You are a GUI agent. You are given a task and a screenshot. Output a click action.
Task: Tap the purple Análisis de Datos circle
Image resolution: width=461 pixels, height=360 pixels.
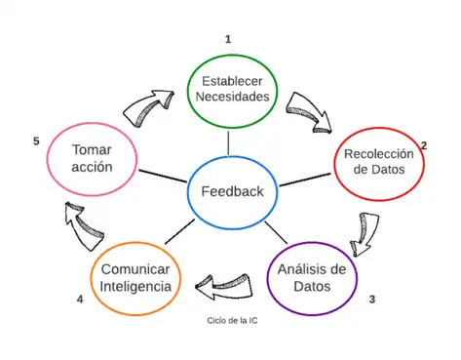(x=312, y=278)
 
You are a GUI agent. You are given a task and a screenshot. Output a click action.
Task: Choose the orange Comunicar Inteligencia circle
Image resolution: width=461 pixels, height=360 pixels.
(x=136, y=277)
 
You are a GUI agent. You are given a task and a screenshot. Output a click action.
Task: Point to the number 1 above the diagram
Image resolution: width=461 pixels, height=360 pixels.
(x=228, y=39)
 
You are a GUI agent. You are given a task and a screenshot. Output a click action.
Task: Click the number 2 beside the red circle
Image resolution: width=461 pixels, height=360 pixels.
(x=424, y=145)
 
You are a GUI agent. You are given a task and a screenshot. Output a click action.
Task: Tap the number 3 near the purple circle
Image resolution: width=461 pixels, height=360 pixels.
(x=371, y=299)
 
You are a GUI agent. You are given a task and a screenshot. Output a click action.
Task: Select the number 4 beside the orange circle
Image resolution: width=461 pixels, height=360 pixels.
(x=80, y=299)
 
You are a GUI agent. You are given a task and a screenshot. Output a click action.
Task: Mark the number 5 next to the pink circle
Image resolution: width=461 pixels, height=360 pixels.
(x=36, y=141)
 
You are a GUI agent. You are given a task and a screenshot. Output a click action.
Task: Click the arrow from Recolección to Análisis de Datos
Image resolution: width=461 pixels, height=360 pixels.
(x=364, y=232)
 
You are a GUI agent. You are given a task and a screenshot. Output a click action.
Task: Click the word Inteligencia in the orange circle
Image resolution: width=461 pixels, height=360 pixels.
(x=136, y=287)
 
